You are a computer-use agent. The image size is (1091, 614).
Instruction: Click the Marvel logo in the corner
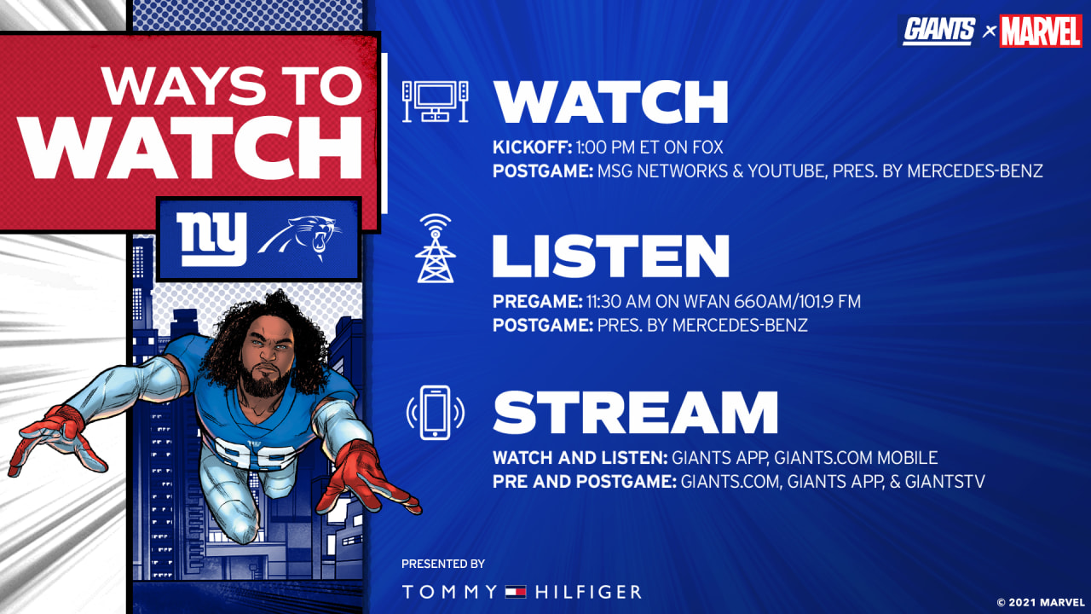pos(1041,32)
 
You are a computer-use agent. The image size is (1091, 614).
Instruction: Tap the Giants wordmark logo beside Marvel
pos(938,31)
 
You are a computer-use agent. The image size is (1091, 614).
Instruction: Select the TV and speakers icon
pos(435,101)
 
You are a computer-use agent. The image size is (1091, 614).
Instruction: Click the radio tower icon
pos(436,248)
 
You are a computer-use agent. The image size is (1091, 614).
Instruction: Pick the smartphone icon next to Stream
pos(435,412)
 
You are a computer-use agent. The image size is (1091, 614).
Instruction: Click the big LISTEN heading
pos(611,257)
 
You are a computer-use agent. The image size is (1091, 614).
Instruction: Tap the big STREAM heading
pos(636,412)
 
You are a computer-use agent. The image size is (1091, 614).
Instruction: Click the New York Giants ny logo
pos(211,240)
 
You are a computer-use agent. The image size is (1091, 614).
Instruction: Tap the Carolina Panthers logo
pos(299,237)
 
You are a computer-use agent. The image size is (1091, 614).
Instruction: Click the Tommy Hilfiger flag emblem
pos(516,592)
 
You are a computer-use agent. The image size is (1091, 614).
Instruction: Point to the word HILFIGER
pos(588,592)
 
